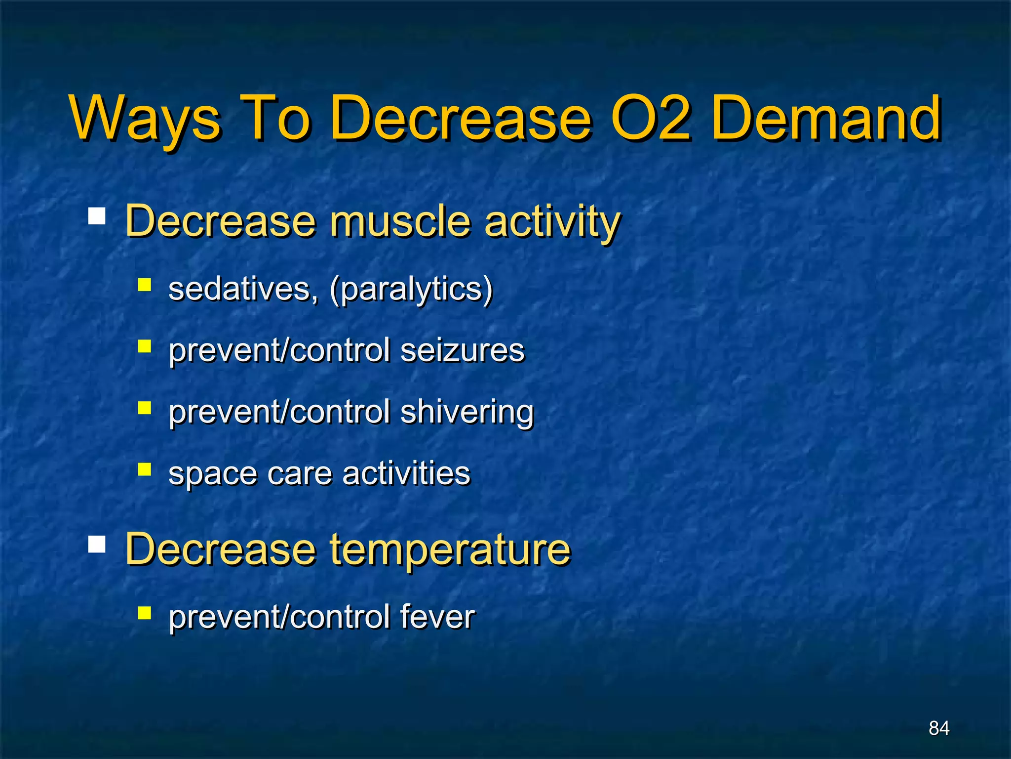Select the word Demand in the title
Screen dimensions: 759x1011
click(x=827, y=119)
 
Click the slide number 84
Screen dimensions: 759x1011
click(x=938, y=728)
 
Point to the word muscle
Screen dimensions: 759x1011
click(x=400, y=221)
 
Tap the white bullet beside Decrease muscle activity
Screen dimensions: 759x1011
click(x=97, y=216)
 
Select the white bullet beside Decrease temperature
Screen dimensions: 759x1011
click(x=97, y=544)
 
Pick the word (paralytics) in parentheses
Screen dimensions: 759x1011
click(x=411, y=290)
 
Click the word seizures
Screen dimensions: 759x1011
click(x=462, y=350)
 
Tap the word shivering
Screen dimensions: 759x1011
click(x=467, y=412)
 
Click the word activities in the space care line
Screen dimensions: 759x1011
click(x=406, y=473)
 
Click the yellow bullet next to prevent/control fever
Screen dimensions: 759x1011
click(x=144, y=613)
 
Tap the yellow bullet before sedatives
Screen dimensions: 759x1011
click(x=144, y=285)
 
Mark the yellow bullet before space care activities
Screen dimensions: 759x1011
click(x=144, y=469)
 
